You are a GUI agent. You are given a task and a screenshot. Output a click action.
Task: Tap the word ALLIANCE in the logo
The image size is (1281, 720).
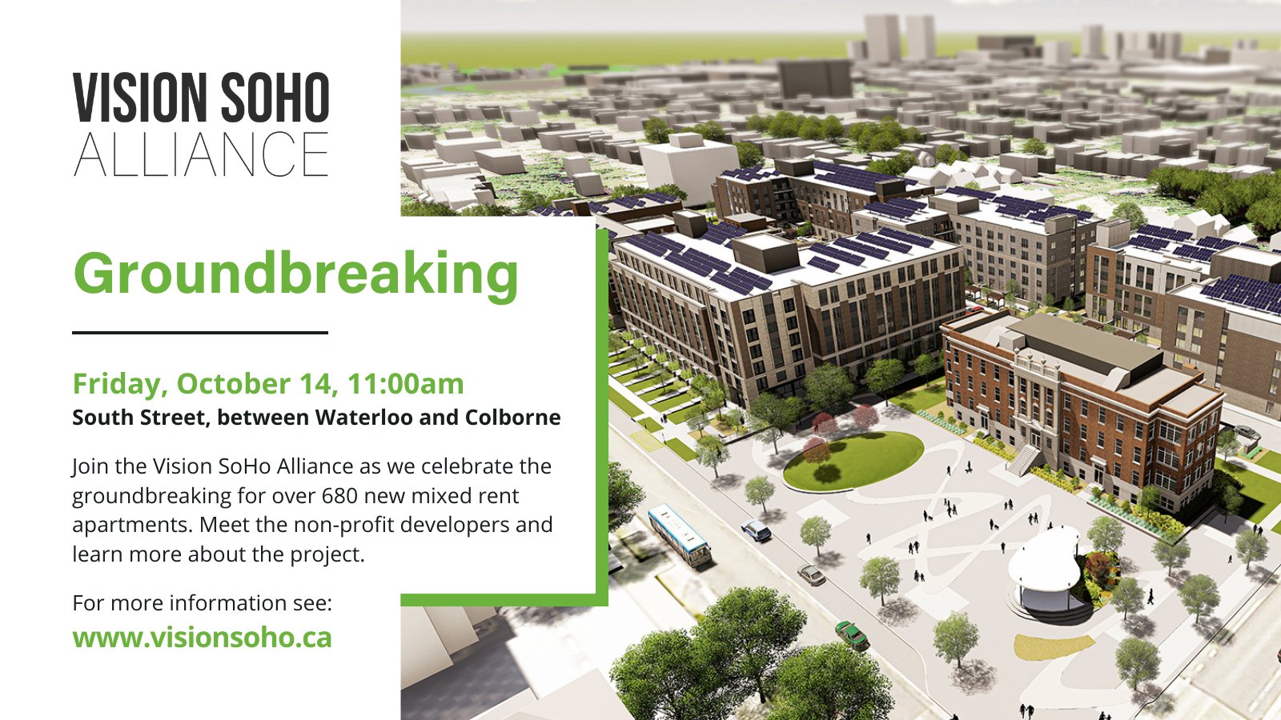[201, 154]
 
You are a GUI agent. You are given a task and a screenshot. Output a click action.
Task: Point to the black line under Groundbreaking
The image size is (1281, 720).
[200, 332]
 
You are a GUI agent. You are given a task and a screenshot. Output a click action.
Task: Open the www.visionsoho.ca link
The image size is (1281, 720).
[202, 638]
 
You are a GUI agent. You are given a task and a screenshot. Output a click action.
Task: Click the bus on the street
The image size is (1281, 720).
[679, 535]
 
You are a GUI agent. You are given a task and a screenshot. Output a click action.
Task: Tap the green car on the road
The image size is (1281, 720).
[852, 634]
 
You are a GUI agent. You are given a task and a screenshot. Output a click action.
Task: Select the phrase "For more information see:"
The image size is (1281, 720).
[202, 602]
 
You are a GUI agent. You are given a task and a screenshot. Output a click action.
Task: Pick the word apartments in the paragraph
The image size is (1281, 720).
[132, 525]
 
